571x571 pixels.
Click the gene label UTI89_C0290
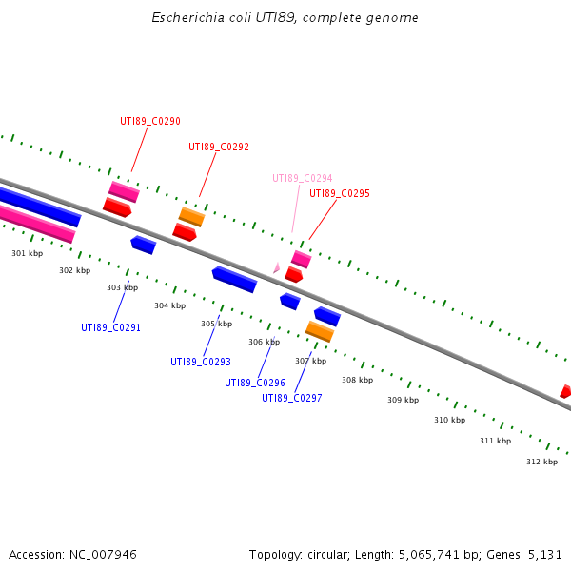pyautogui.click(x=150, y=121)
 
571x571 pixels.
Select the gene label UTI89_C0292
pyautogui.click(x=219, y=147)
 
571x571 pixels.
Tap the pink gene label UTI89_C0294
pyautogui.click(x=303, y=178)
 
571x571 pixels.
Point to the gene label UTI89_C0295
pyautogui.click(x=340, y=193)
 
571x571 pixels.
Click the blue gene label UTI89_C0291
pyautogui.click(x=110, y=327)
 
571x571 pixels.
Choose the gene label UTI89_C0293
pyautogui.click(x=201, y=362)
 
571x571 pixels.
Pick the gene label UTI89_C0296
pyautogui.click(x=255, y=383)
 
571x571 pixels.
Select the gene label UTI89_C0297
pyautogui.click(x=292, y=398)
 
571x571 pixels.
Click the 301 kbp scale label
pyautogui.click(x=27, y=253)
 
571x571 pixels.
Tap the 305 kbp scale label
pyautogui.click(x=216, y=324)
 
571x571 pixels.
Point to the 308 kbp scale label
pyautogui.click(x=357, y=380)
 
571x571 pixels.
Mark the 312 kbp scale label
pyautogui.click(x=541, y=462)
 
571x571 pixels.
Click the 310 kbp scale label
pyautogui.click(x=449, y=420)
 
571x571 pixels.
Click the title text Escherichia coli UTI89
pyautogui.click(x=285, y=18)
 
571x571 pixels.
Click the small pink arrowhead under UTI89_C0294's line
pyautogui.click(x=276, y=269)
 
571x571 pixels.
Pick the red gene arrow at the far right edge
pyautogui.click(x=565, y=391)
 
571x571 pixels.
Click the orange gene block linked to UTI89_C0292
pyautogui.click(x=191, y=217)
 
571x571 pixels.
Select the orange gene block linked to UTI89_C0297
pyautogui.click(x=319, y=331)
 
